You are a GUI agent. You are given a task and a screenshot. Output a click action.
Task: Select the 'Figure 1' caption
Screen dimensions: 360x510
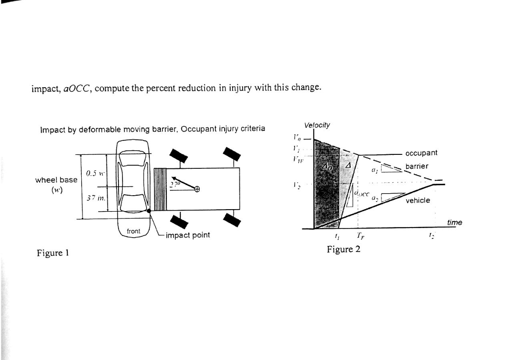52,252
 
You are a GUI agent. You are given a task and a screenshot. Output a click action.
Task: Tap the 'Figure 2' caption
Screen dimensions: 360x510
343,249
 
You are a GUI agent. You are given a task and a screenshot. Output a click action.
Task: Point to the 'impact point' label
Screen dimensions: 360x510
187,235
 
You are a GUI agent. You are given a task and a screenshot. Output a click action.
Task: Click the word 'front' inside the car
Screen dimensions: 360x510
133,231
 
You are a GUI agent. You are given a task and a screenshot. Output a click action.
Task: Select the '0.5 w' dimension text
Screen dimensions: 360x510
95,174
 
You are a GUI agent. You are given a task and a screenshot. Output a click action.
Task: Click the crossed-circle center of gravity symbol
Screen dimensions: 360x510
197,189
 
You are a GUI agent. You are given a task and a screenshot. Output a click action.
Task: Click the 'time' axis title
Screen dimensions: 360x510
454,223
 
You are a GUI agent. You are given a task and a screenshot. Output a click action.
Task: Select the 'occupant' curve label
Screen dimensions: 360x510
421,153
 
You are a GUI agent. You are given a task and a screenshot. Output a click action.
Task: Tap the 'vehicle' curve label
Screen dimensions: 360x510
418,201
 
